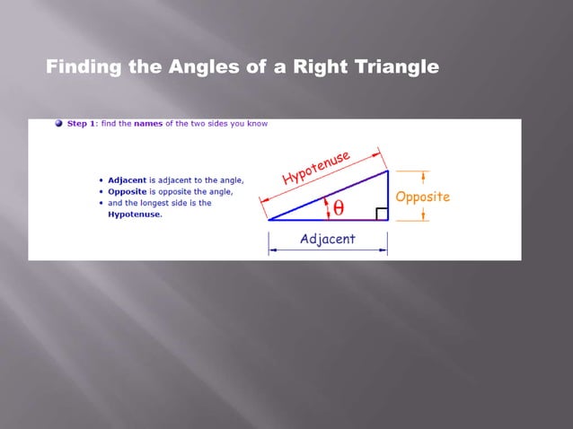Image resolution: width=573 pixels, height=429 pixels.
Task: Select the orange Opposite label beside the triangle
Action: pos(422,197)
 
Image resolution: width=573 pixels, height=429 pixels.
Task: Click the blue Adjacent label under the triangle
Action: pos(327,239)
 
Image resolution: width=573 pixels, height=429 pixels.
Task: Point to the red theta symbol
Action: pos(339,207)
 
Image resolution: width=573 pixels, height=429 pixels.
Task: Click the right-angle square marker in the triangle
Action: pos(382,214)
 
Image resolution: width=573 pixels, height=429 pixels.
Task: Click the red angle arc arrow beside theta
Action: pos(327,208)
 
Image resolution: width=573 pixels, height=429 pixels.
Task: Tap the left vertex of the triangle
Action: pos(269,219)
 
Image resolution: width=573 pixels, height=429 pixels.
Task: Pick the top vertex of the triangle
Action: pos(388,171)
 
